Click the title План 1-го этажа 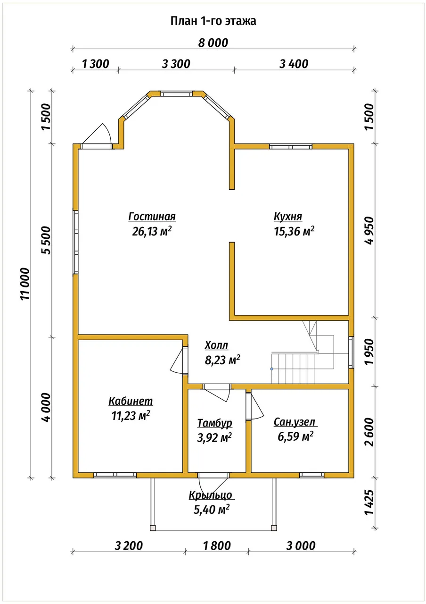[x=213, y=21]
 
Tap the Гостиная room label [x=152, y=217]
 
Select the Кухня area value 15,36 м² [x=294, y=231]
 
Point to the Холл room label [x=216, y=345]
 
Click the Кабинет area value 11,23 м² [x=131, y=416]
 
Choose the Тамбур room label [x=214, y=423]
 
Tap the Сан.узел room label [x=295, y=422]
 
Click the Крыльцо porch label [x=210, y=495]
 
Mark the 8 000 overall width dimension [x=213, y=43]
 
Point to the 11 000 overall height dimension [x=25, y=284]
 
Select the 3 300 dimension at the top [x=176, y=64]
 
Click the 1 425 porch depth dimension [x=369, y=502]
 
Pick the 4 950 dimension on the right [x=369, y=231]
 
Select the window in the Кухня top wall [x=291, y=147]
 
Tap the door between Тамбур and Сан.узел [x=253, y=406]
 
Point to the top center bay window [x=177, y=93]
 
